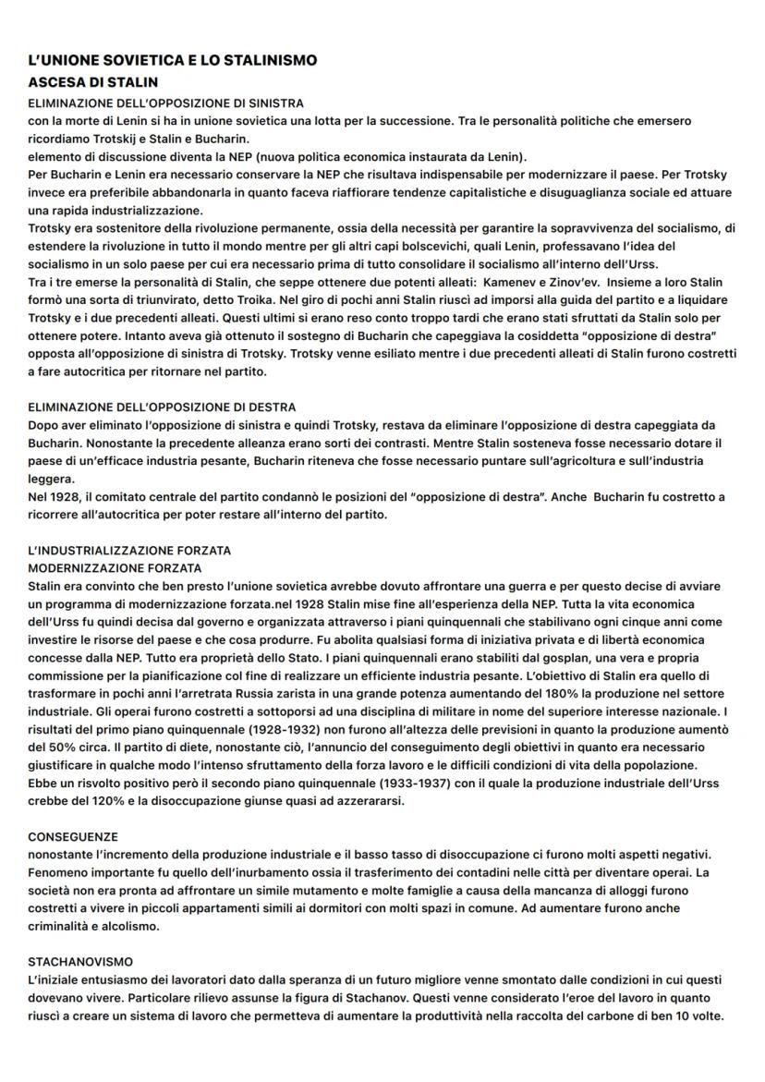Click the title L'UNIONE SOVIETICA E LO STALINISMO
173,60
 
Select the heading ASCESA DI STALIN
92,82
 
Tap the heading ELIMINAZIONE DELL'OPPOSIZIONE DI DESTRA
163,407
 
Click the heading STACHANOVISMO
80,962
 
